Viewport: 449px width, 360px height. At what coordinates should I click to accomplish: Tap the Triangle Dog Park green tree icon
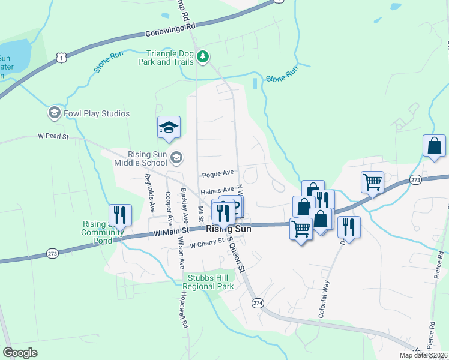point(203,57)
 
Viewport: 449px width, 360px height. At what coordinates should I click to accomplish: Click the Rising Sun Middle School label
point(139,158)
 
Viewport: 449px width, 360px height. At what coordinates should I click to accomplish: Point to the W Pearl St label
point(53,137)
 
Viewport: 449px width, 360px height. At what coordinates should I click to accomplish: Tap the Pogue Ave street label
point(217,173)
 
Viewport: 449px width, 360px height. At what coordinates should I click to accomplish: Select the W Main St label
point(172,230)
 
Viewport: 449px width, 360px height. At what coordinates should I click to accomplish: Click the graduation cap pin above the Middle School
point(169,127)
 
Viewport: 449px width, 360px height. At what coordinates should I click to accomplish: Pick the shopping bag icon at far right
point(434,146)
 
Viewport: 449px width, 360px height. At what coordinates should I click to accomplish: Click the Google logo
point(20,352)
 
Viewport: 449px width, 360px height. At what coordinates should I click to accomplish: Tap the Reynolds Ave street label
point(151,194)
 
